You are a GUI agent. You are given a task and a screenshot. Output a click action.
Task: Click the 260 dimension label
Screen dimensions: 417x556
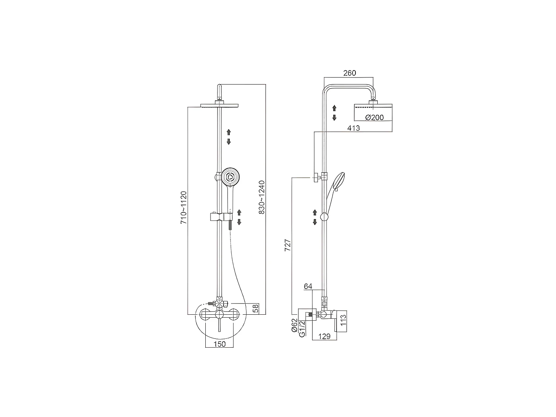(x=349, y=73)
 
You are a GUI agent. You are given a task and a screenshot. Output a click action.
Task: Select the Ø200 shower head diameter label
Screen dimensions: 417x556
(x=374, y=118)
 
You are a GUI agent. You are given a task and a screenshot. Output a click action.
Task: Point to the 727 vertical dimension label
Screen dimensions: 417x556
(x=288, y=246)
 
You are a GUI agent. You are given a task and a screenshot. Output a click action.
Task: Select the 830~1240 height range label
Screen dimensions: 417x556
(x=262, y=197)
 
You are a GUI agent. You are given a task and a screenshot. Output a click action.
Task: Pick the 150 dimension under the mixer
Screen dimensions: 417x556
(x=219, y=344)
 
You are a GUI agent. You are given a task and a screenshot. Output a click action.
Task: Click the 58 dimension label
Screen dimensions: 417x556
(x=255, y=309)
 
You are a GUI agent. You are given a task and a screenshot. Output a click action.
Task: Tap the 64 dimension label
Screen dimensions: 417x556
(x=308, y=286)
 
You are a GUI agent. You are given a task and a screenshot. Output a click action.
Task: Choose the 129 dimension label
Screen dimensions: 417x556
(x=324, y=336)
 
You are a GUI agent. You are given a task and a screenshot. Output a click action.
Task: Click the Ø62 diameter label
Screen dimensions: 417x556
(x=294, y=325)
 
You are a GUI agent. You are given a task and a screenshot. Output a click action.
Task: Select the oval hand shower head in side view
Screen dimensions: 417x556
(x=338, y=181)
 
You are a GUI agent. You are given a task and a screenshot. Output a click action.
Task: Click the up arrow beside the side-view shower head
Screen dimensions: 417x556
(x=334, y=108)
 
